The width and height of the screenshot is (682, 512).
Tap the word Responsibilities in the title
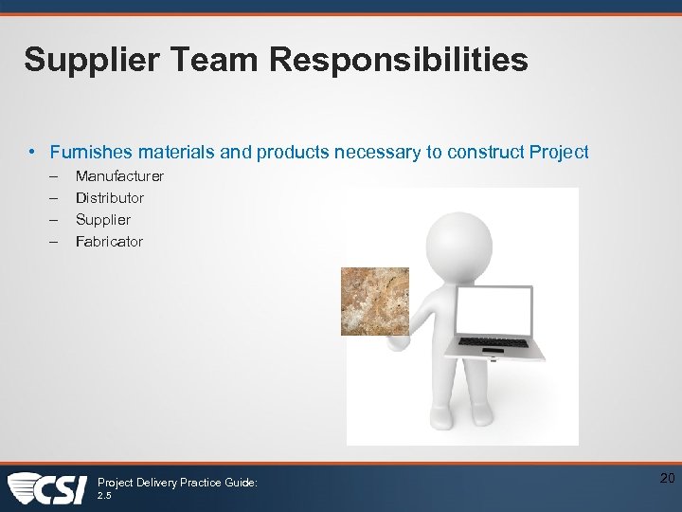click(x=399, y=61)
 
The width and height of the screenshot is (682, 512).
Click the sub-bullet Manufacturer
click(x=119, y=176)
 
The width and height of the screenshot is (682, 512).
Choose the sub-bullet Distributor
click(x=110, y=198)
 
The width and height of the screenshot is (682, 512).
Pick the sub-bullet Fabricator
click(x=109, y=242)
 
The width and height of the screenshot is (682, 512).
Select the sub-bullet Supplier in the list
click(x=103, y=220)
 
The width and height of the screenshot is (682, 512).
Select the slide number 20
click(x=667, y=479)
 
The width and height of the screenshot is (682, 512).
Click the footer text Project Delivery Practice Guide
click(x=177, y=483)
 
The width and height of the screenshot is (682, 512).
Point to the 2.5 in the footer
click(x=105, y=495)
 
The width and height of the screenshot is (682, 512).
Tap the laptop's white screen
click(x=494, y=311)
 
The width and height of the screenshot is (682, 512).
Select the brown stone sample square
click(x=375, y=301)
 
